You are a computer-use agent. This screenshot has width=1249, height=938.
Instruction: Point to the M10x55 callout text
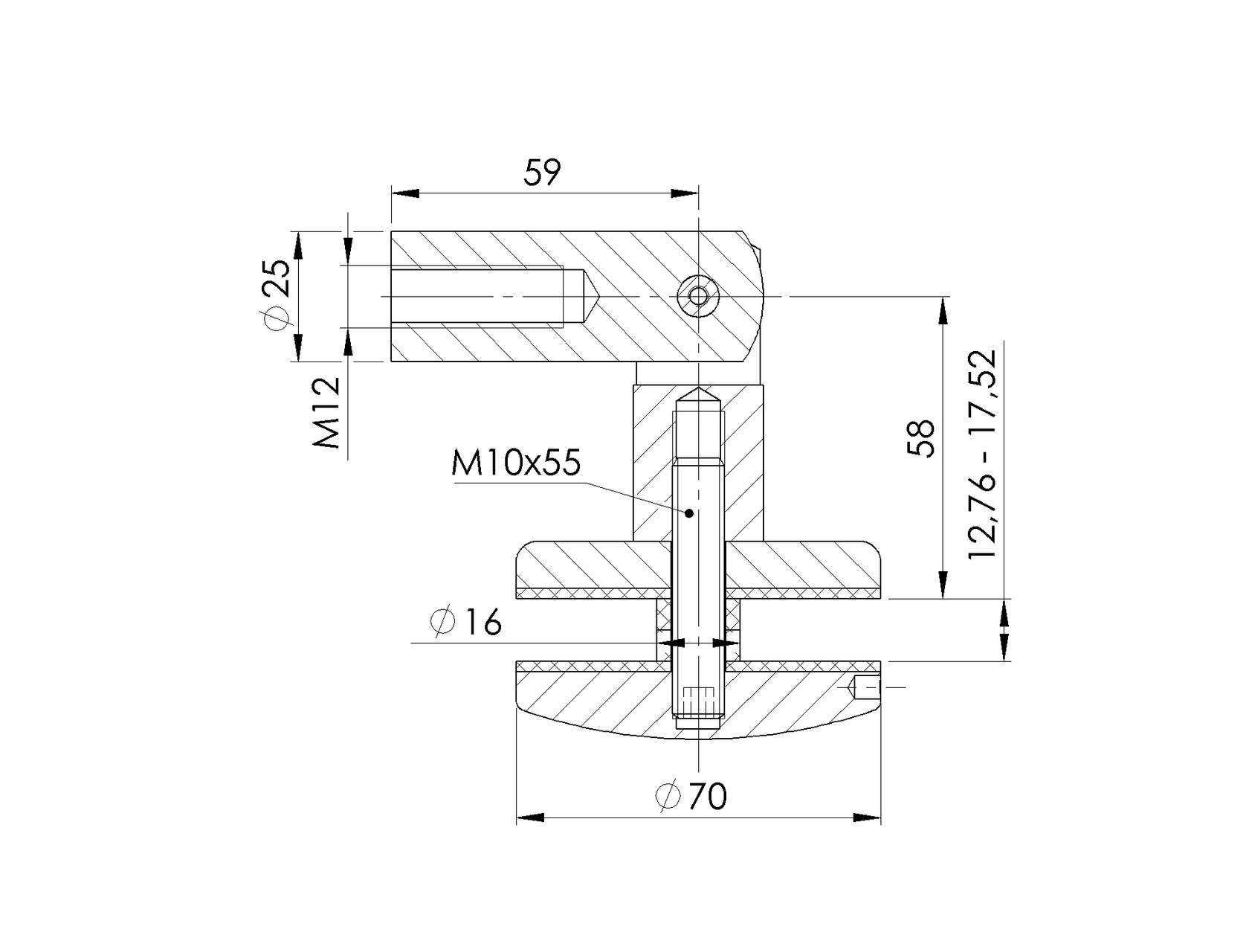coord(515,464)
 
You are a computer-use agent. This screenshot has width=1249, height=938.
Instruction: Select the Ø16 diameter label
coord(466,623)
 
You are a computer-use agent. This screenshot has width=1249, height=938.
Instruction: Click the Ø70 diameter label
coord(691,797)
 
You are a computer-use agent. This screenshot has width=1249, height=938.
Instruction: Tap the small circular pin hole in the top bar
coord(698,297)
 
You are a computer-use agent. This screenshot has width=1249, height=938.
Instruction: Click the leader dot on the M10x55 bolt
coord(689,513)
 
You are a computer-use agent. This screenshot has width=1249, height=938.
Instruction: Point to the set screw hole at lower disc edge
coord(865,687)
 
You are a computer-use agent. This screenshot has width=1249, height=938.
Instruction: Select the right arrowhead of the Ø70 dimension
coord(867,818)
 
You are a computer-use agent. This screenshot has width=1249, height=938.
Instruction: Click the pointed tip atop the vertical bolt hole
coord(699,392)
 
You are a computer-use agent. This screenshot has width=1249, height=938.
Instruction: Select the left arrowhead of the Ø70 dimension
coord(530,818)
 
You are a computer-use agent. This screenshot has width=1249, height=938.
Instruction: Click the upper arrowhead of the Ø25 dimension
coord(298,245)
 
